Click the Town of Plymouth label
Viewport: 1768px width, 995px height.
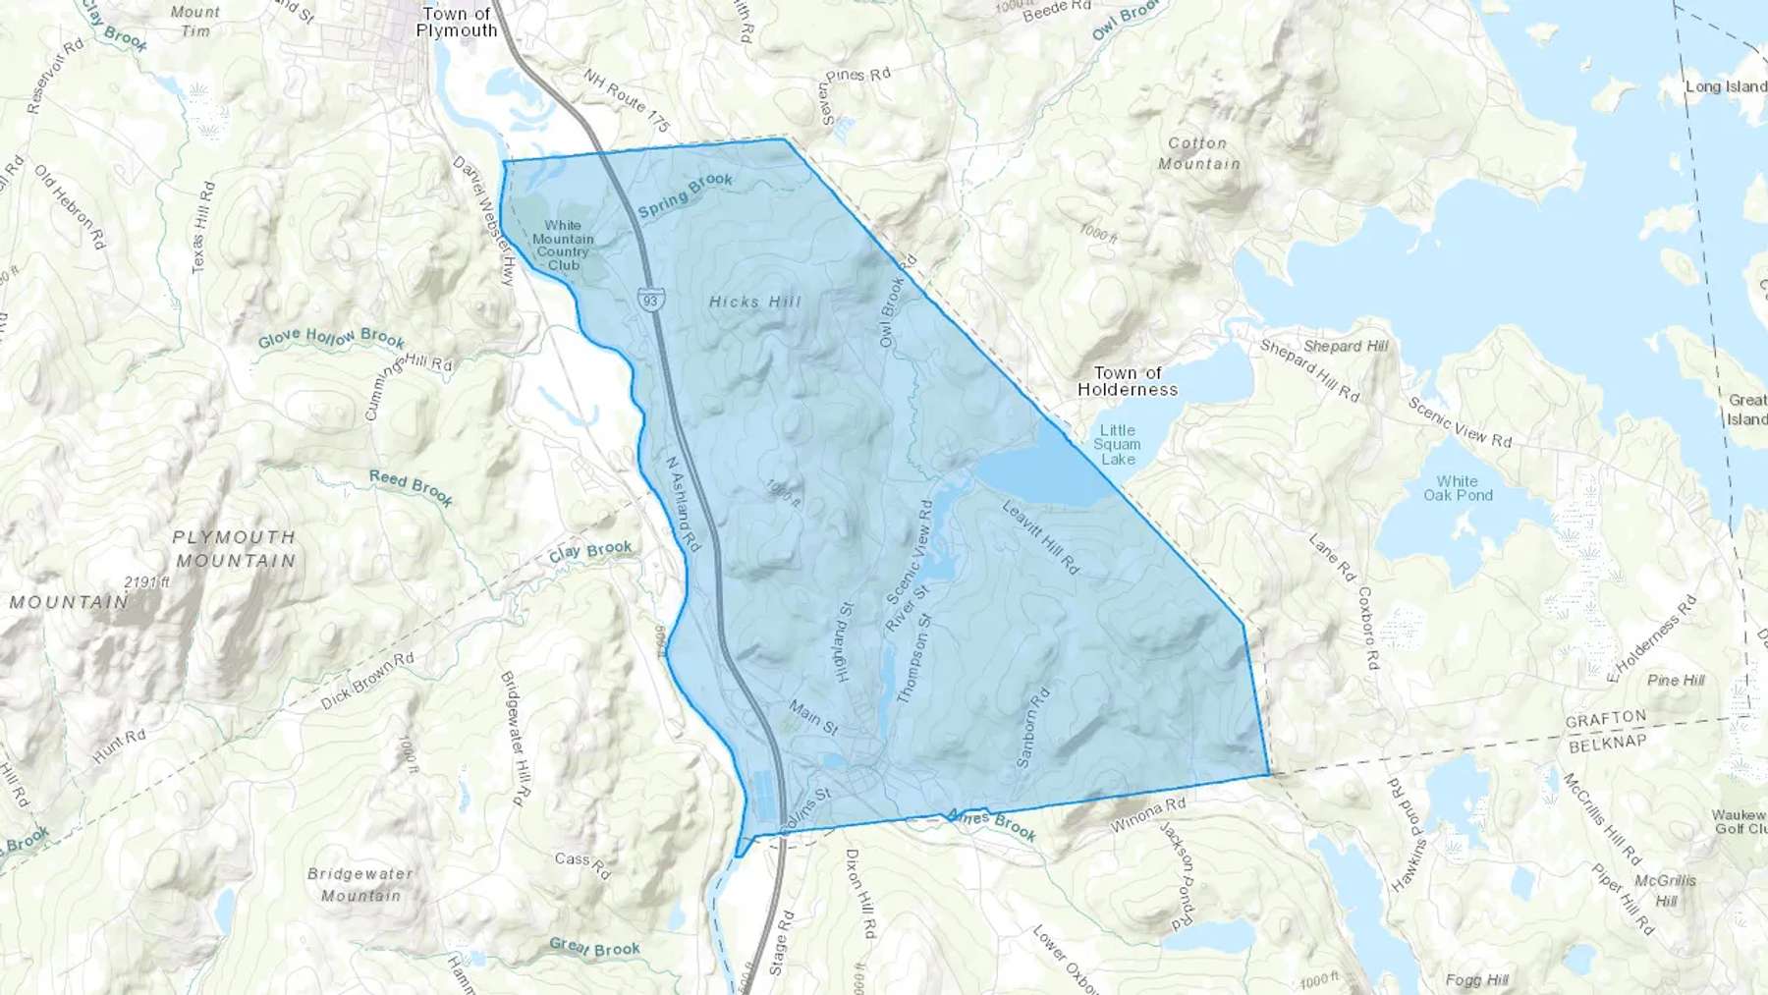(457, 22)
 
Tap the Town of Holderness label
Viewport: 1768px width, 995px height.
(1128, 381)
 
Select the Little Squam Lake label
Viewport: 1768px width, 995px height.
(1118, 444)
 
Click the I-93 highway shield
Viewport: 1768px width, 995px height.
(651, 299)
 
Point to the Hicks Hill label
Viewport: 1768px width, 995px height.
(755, 302)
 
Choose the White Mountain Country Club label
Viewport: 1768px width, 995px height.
(563, 246)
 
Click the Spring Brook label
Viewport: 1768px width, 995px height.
(686, 194)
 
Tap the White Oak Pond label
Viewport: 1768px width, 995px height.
(1458, 488)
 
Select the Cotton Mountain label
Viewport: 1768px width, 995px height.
(1198, 153)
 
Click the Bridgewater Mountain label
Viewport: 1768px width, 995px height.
(360, 884)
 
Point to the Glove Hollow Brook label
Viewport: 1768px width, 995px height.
(331, 339)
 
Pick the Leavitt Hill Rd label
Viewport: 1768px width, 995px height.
(1040, 536)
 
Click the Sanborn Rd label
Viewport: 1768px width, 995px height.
(1032, 727)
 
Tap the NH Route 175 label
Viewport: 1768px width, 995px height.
(627, 100)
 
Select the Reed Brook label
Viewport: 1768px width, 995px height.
(411, 487)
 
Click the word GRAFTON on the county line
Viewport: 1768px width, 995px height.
(1605, 720)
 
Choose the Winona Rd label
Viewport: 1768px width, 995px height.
(1147, 814)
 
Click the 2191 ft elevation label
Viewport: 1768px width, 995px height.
(147, 581)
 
